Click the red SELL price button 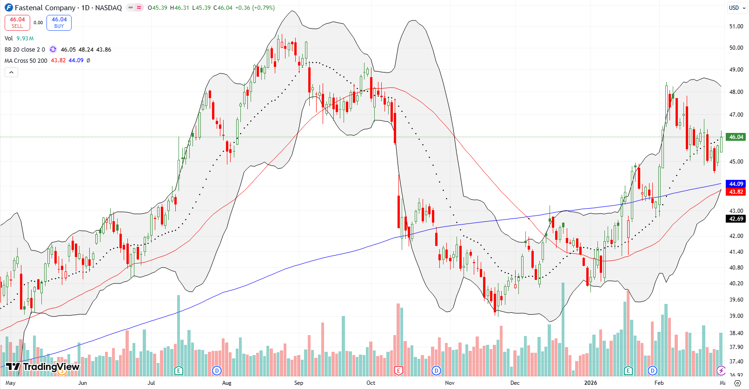(x=17, y=22)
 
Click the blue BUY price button (x=59, y=22)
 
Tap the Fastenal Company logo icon (x=9, y=7)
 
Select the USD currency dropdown (x=736, y=7)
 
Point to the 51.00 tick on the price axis (x=736, y=26)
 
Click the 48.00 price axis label (x=736, y=92)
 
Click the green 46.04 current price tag (x=736, y=137)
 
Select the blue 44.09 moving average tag (x=736, y=184)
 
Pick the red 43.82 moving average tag (x=736, y=192)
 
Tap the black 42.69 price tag (x=736, y=219)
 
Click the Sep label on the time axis (x=298, y=383)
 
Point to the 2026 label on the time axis (x=590, y=383)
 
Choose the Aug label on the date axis (x=226, y=383)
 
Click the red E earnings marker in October (x=398, y=370)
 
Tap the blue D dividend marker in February (x=653, y=370)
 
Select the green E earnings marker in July (x=179, y=370)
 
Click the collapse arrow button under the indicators (x=11, y=72)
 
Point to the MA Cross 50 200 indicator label (x=26, y=60)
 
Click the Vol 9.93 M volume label (x=19, y=39)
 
